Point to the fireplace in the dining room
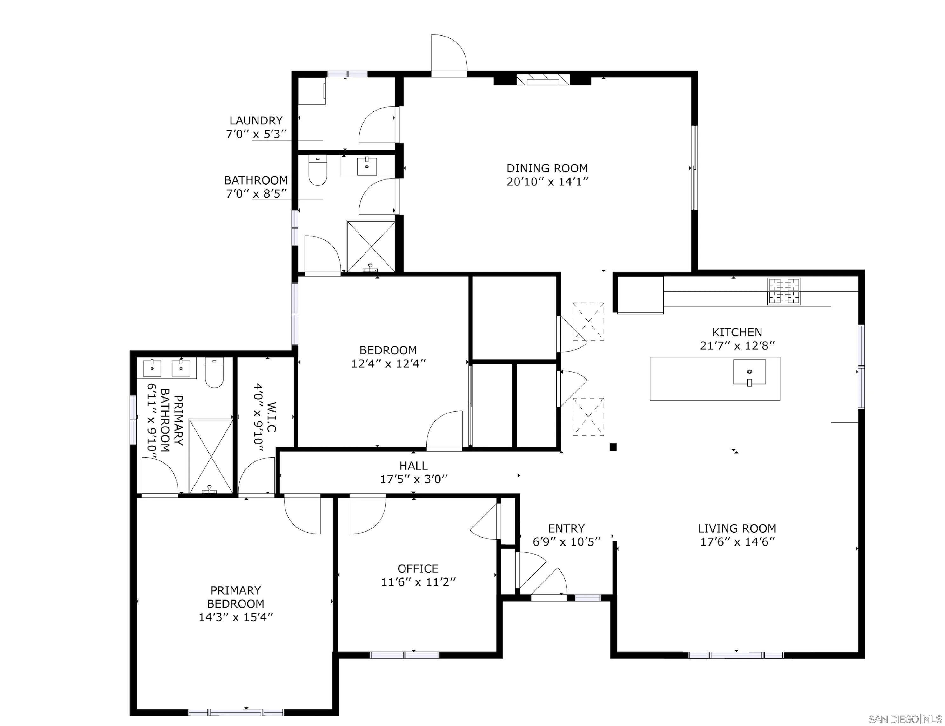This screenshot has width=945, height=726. click(x=543, y=80)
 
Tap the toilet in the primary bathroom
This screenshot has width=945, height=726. click(x=214, y=373)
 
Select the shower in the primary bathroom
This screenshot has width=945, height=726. click(x=211, y=456)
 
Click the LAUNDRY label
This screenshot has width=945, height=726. click(x=256, y=121)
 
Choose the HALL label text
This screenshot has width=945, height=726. click(x=413, y=466)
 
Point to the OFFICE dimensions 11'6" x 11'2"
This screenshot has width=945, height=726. click(x=418, y=582)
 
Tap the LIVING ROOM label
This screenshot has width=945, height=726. click(x=737, y=528)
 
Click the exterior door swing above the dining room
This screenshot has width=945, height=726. click(x=449, y=54)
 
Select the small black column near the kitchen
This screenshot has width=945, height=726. click(x=613, y=447)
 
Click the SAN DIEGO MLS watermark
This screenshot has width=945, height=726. click(x=904, y=719)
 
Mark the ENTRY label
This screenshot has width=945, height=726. click(x=566, y=528)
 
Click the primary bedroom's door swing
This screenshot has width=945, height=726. click(x=303, y=515)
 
